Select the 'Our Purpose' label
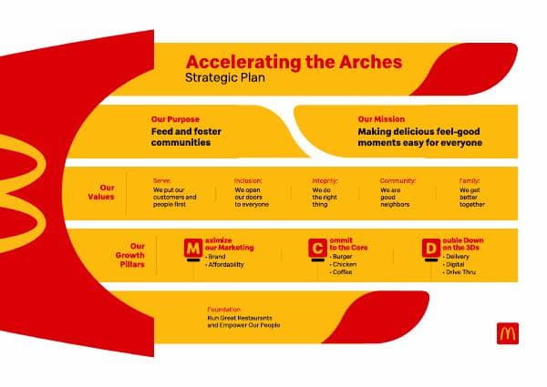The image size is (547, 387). (175, 119)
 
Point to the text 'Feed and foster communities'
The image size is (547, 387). (186, 137)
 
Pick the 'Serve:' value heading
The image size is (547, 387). (162, 180)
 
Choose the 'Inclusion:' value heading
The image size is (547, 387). (248, 180)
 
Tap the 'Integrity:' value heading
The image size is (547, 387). (325, 180)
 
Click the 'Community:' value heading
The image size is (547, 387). (397, 180)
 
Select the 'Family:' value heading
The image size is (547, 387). (470, 180)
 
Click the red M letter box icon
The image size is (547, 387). (192, 248)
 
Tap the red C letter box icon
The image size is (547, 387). (316, 248)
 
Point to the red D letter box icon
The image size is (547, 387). (429, 248)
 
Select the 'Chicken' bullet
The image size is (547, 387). (346, 264)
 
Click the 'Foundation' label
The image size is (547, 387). (224, 310)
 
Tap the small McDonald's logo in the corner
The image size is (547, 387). (507, 333)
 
